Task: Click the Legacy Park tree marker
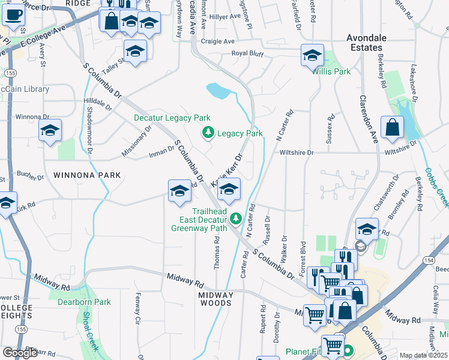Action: pyautogui.click(x=208, y=133)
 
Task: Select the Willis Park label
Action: pyautogui.click(x=331, y=71)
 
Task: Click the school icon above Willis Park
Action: pyautogui.click(x=312, y=56)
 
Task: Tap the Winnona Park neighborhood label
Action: pyautogui.click(x=87, y=175)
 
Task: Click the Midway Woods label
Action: pyautogui.click(x=215, y=299)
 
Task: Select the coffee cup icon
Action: pyautogui.click(x=13, y=14)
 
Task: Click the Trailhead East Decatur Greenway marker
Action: pyautogui.click(x=237, y=217)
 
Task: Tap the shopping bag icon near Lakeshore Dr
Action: pyautogui.click(x=392, y=127)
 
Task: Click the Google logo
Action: pyautogui.click(x=20, y=353)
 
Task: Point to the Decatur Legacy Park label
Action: pyautogui.click(x=172, y=118)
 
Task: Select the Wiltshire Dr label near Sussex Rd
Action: pyautogui.click(x=297, y=153)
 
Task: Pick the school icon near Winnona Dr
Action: pyautogui.click(x=50, y=130)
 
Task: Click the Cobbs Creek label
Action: pyautogui.click(x=436, y=185)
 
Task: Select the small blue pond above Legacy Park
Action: pyautogui.click(x=218, y=91)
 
